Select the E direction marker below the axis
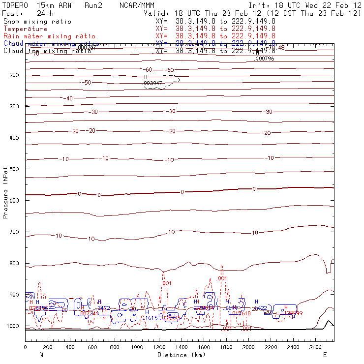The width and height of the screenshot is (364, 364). point(325,355)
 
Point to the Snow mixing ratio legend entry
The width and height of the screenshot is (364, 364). point(37,22)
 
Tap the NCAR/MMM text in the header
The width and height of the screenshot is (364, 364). point(137,5)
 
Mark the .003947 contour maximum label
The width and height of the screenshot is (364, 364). point(153,83)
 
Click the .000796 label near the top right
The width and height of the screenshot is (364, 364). point(264,59)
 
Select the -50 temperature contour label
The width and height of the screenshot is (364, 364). point(88,82)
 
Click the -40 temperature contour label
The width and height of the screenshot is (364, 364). point(69,98)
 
